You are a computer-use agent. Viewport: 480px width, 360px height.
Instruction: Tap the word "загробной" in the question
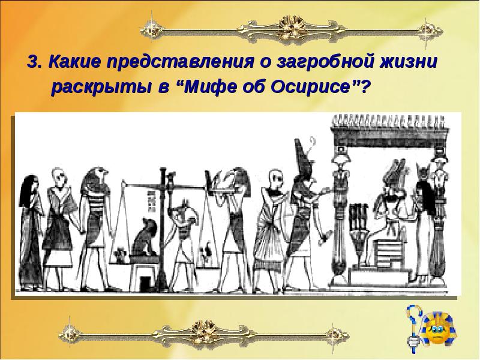[324, 63]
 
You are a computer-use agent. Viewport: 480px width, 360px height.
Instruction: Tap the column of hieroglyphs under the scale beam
[151, 202]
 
